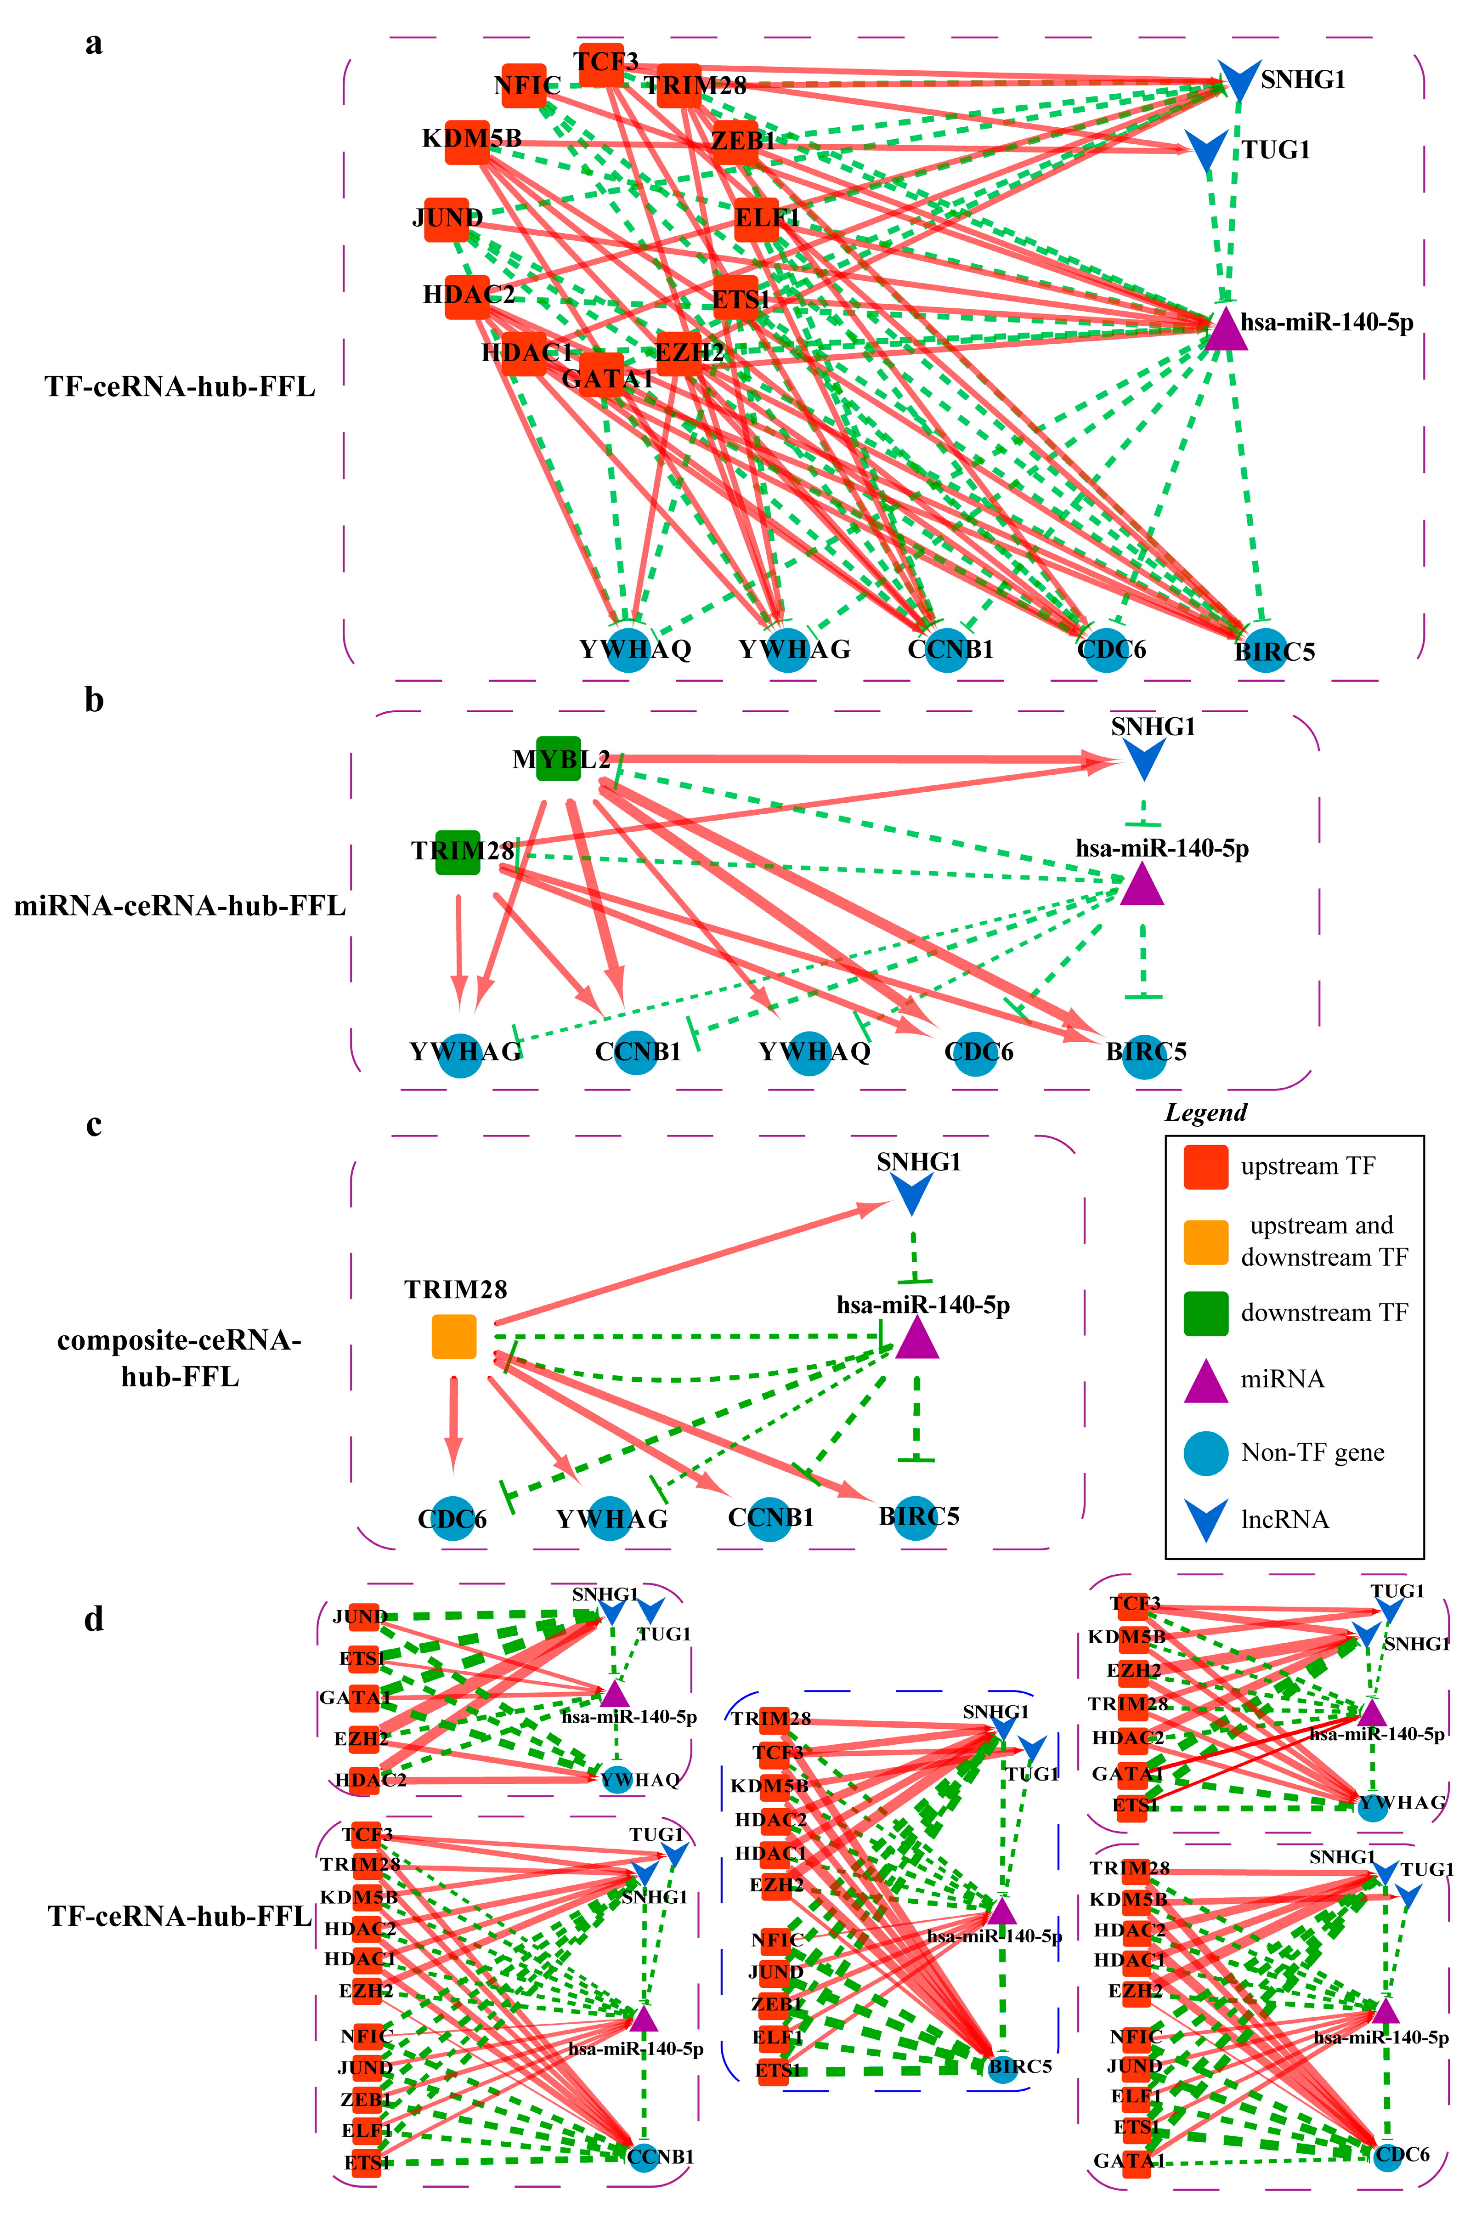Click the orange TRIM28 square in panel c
(454, 1337)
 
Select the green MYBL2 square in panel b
(558, 758)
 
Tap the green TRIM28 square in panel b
(458, 852)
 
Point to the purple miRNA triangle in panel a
(1226, 329)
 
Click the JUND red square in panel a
(446, 219)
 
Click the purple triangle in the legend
(1205, 1381)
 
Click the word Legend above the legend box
(1206, 1112)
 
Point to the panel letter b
(94, 700)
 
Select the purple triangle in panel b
(1142, 885)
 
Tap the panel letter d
(94, 1619)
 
